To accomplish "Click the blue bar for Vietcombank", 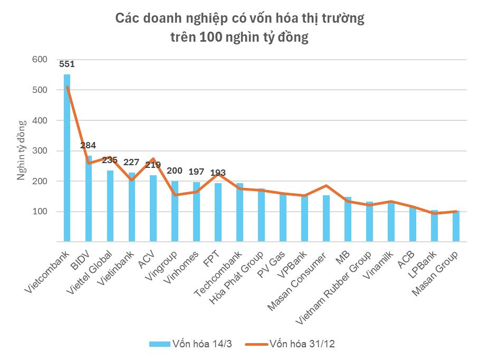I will click(67, 158).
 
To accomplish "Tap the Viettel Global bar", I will click(110, 206).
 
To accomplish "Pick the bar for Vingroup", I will click(175, 212).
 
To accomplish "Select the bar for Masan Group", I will click(456, 226).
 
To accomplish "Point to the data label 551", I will click(67, 64).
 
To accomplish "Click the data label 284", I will click(88, 145).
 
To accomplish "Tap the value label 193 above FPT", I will click(218, 173).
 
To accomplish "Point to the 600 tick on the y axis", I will click(40, 60).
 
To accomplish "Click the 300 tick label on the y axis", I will click(40, 151).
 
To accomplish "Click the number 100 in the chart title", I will click(210, 37).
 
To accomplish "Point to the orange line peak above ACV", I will click(153, 158).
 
